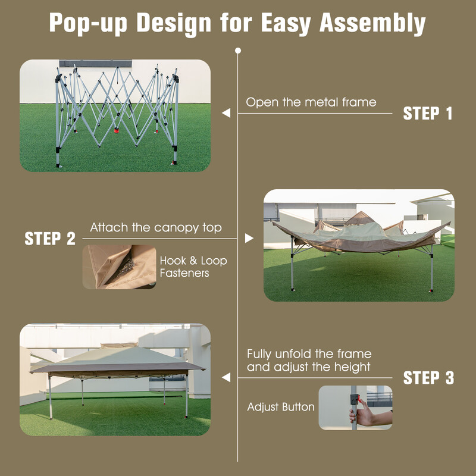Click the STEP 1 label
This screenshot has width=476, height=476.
coord(428,114)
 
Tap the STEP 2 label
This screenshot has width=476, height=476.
coord(50,239)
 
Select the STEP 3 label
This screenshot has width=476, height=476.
coord(428,378)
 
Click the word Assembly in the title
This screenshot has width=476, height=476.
coord(372,24)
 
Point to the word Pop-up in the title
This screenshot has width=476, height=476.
coord(88,24)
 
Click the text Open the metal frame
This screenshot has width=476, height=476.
coord(311,102)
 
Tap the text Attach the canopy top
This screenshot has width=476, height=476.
coord(156,228)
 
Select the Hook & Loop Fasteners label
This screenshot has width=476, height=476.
coord(193,267)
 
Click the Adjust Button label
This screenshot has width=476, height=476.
coord(281,407)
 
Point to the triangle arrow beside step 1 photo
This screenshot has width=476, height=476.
coord(226,113)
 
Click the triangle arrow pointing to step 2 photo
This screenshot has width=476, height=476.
coord(249,239)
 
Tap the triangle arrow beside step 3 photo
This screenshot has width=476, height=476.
coord(226,378)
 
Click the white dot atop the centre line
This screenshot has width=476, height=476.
coord(238,51)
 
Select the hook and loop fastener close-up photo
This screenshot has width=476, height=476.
coord(120,267)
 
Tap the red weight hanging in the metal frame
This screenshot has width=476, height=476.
coord(116,130)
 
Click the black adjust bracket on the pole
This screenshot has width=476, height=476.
coord(354,399)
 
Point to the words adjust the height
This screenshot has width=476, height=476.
coord(322,367)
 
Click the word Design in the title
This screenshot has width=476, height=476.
coord(174,24)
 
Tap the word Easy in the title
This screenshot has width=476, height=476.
coord(286,24)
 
